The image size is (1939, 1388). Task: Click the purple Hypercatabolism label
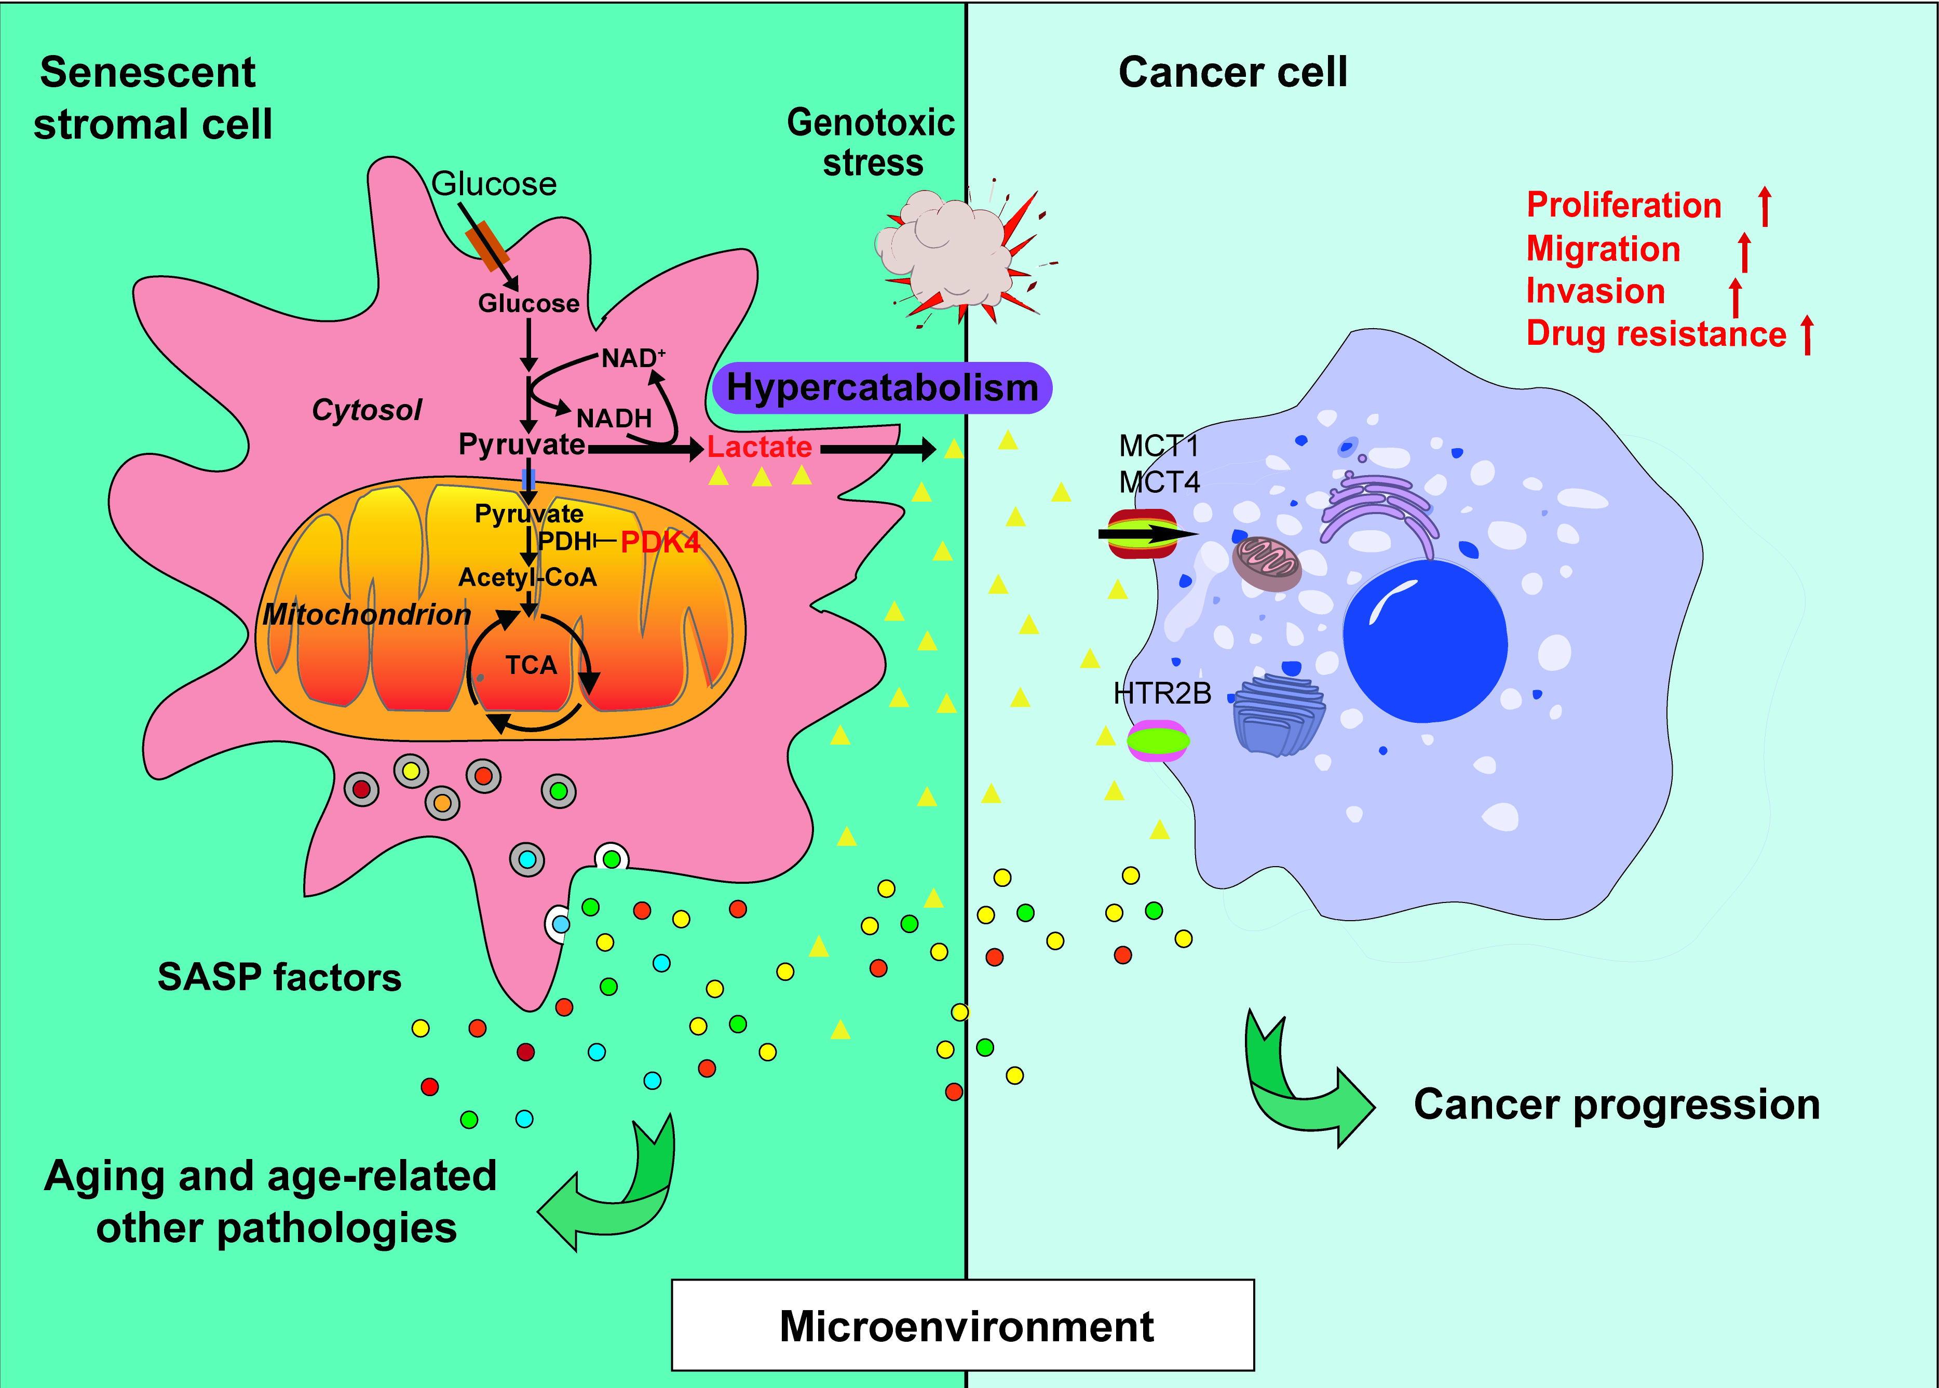pyautogui.click(x=882, y=388)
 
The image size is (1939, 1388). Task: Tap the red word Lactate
pyautogui.click(x=759, y=447)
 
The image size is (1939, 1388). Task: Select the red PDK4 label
pyautogui.click(x=660, y=542)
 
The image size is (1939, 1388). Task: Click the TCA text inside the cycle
pyautogui.click(x=531, y=665)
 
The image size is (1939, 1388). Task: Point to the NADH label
pyautogui.click(x=614, y=418)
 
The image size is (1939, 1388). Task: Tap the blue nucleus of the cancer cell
pyautogui.click(x=1425, y=641)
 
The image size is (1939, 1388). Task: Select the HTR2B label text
pyautogui.click(x=1162, y=693)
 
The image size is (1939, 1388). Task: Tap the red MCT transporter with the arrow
pyautogui.click(x=1143, y=534)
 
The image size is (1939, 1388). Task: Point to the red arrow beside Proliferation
pyautogui.click(x=1765, y=207)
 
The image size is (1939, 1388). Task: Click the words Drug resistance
pyautogui.click(x=1655, y=334)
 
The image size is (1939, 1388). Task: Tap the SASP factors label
pyautogui.click(x=279, y=977)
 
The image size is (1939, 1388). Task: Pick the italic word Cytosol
pyautogui.click(x=367, y=410)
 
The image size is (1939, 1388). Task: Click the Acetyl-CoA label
pyautogui.click(x=527, y=578)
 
